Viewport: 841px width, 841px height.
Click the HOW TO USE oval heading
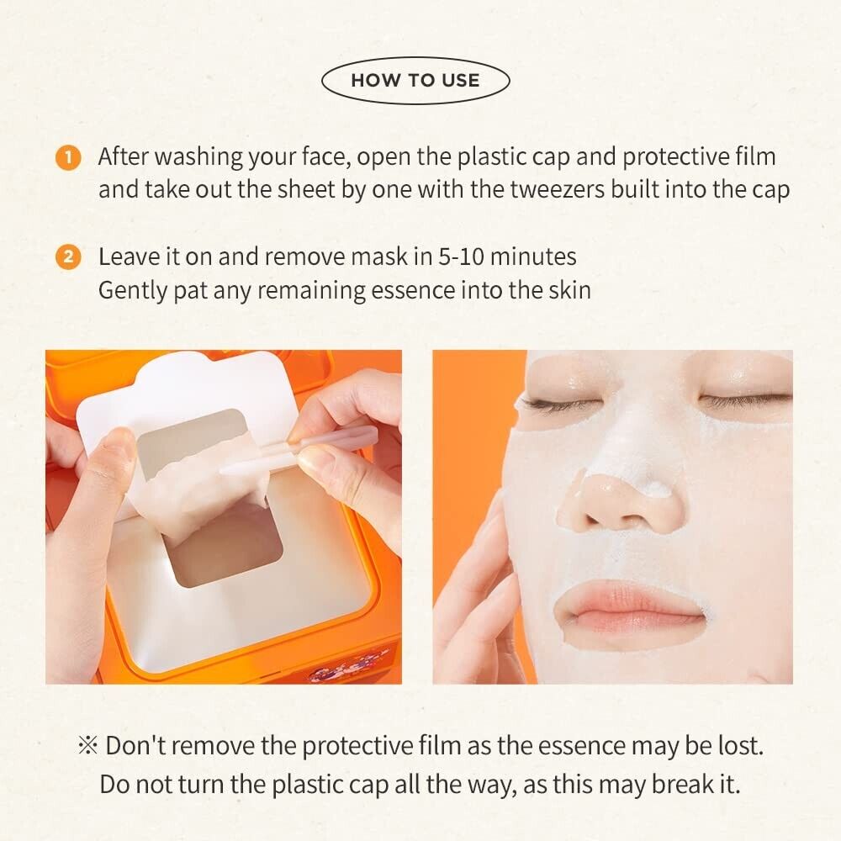coord(415,81)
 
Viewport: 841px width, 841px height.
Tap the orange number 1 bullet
coord(68,158)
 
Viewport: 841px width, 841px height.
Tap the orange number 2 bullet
coord(68,257)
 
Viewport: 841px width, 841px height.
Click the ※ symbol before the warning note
coord(88,745)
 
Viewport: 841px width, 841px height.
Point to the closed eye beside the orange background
coord(558,404)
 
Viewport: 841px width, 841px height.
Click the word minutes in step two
coord(534,257)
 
